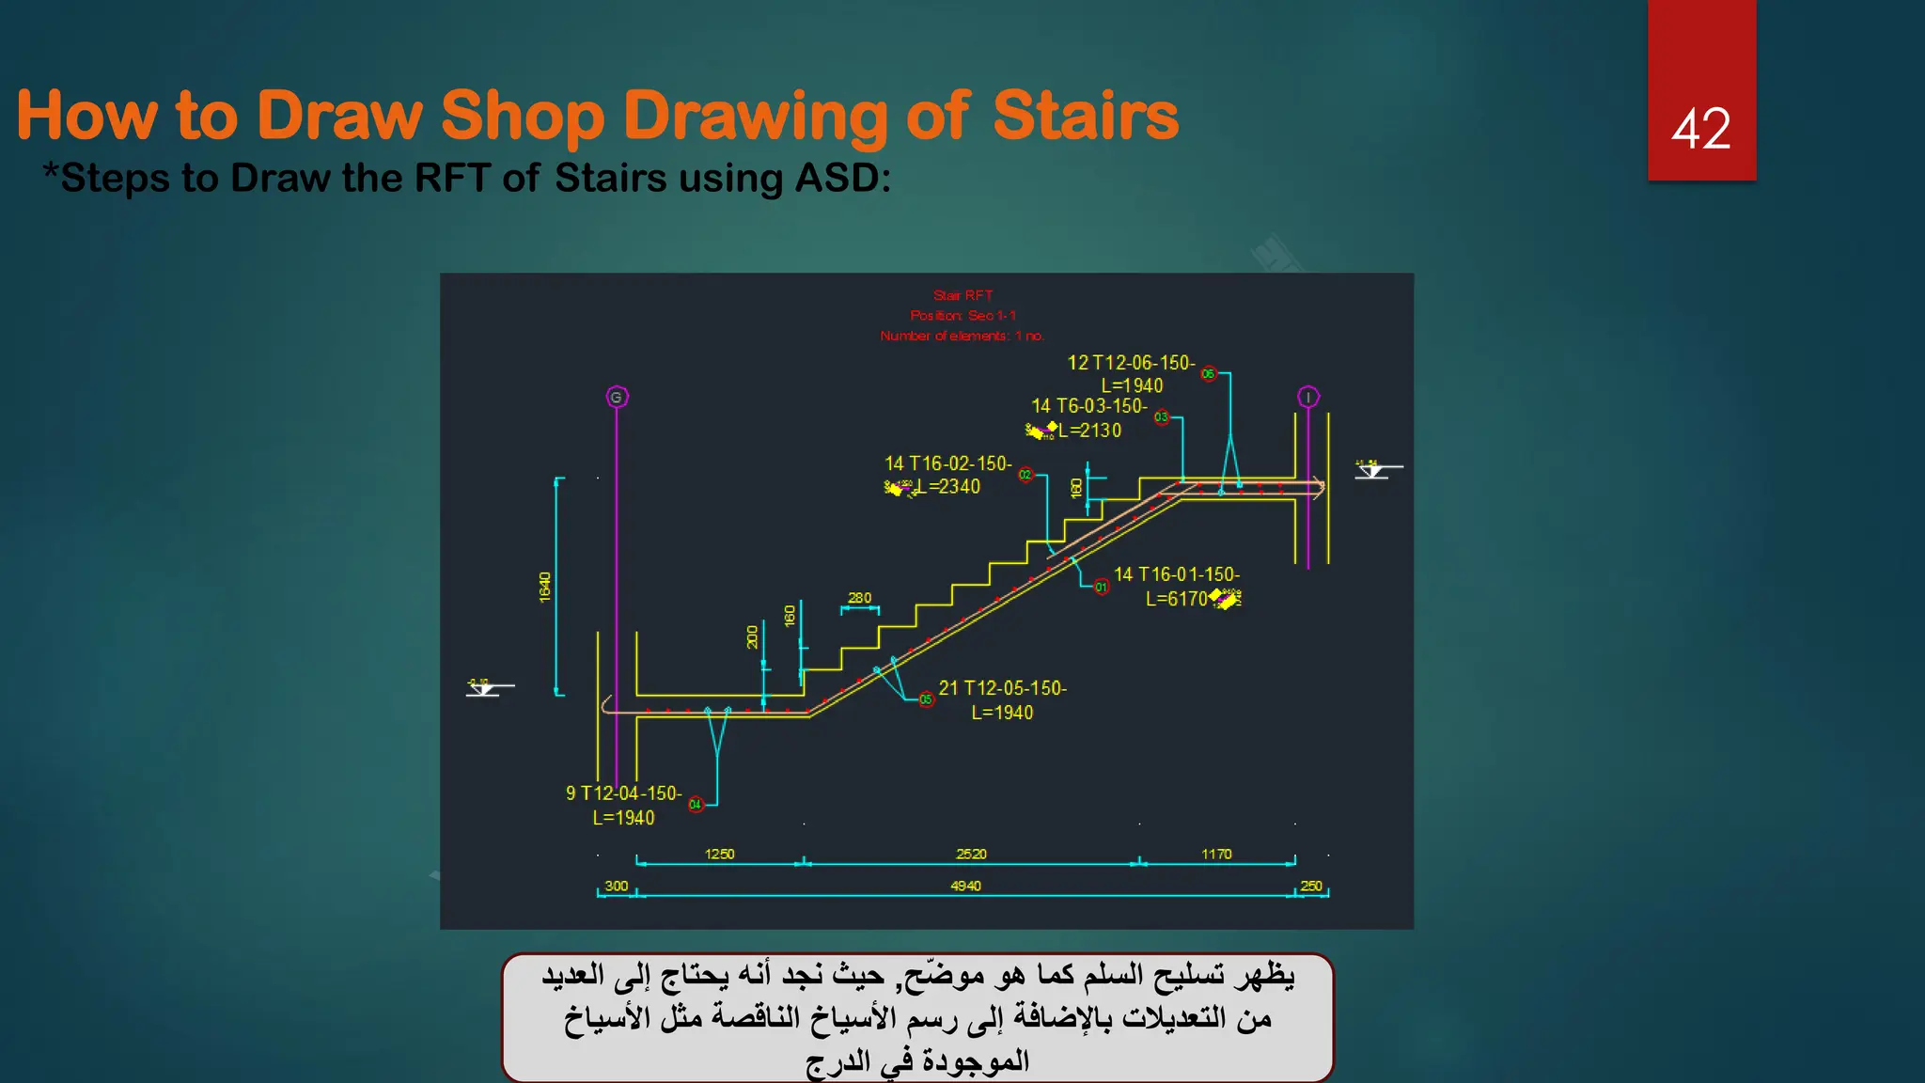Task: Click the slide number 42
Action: point(1700,129)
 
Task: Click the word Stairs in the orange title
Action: point(1085,116)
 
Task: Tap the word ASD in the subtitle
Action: point(837,178)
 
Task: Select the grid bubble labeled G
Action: point(617,398)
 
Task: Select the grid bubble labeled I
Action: point(1307,397)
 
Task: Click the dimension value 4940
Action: point(965,886)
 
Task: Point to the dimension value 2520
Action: point(971,854)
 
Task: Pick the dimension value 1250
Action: point(719,854)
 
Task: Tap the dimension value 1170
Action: point(1216,854)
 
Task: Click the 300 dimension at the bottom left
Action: point(617,886)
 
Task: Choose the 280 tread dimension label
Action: point(859,598)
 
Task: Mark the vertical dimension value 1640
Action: point(545,587)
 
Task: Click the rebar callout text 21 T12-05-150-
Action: point(1002,688)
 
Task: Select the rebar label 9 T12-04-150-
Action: point(623,793)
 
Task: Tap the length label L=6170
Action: point(1176,599)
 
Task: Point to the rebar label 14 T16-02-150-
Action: point(947,463)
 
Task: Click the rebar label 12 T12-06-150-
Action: point(1131,363)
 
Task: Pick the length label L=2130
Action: point(1089,431)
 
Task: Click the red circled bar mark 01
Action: point(1101,588)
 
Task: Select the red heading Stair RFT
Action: point(962,295)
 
